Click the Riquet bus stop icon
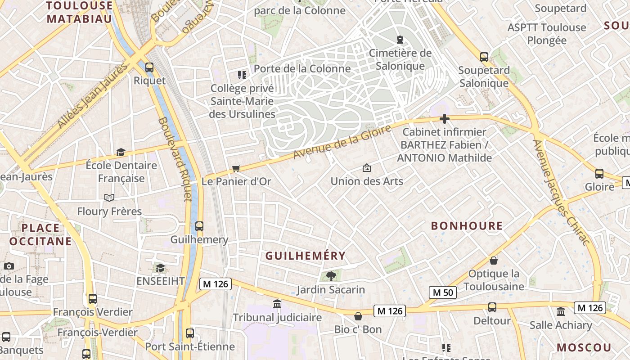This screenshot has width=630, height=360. click(149, 67)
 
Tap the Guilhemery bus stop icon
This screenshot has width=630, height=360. click(199, 226)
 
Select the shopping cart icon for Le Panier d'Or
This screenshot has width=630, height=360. click(236, 168)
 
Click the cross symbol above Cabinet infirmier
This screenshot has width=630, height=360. click(445, 119)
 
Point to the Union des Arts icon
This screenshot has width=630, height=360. click(367, 168)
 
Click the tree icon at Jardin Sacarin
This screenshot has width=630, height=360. click(331, 276)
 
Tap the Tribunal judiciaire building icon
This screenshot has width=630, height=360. click(277, 304)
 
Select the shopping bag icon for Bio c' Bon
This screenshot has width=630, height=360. click(358, 316)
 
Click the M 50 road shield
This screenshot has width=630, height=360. click(442, 292)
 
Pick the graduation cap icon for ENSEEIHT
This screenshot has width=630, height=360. click(160, 268)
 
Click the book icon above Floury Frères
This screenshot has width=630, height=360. click(109, 198)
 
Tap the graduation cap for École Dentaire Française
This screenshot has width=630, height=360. click(121, 152)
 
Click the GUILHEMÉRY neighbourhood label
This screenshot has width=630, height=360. click(306, 256)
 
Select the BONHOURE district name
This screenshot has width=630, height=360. click(467, 226)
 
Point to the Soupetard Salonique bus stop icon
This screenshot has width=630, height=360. click(484, 57)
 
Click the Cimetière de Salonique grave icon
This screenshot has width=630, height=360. click(400, 40)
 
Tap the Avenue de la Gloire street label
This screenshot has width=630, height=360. click(342, 142)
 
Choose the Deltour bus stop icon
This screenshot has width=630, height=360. click(492, 307)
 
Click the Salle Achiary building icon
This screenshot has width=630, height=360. click(561, 311)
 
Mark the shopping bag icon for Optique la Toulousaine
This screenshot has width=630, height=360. click(494, 261)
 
